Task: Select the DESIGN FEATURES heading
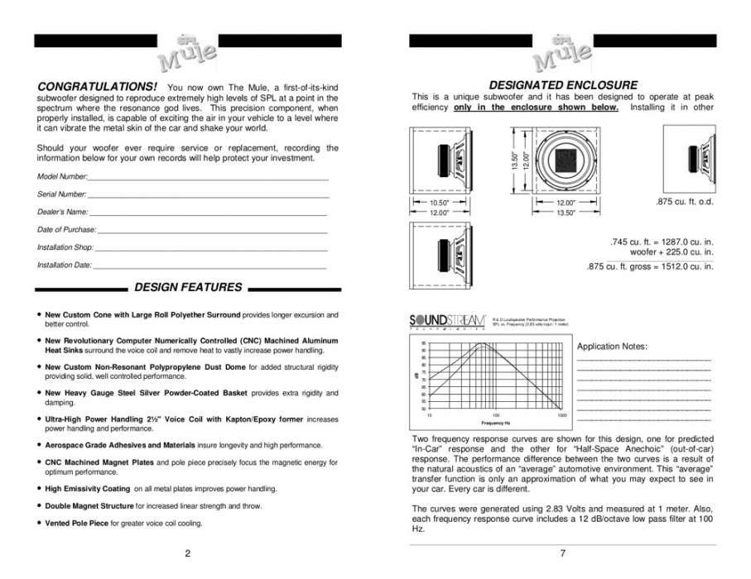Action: [x=188, y=288]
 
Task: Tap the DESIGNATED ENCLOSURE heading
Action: [x=563, y=84]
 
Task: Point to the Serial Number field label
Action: [x=62, y=194]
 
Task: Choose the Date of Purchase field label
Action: [x=67, y=229]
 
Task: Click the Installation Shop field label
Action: [x=66, y=247]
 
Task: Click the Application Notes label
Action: [x=612, y=346]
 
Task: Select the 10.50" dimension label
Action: [x=439, y=203]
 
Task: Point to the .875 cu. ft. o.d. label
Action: [x=683, y=201]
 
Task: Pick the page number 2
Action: [x=188, y=554]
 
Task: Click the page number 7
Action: [x=563, y=554]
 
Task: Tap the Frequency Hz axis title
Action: [x=495, y=422]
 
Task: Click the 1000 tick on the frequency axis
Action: [x=562, y=414]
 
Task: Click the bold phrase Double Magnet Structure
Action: [x=89, y=505]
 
